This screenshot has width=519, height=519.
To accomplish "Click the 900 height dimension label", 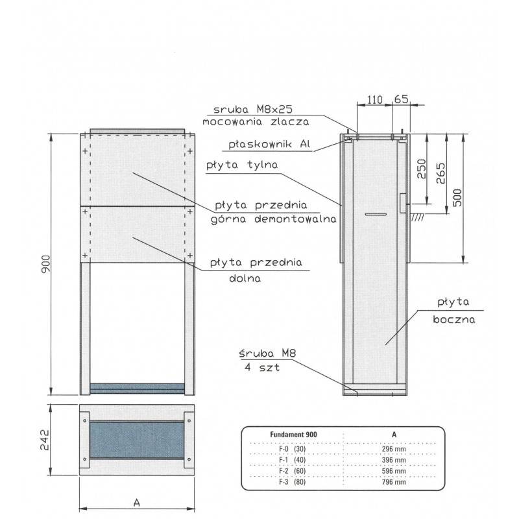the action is (45, 264).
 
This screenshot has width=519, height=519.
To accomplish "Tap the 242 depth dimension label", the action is (44, 440).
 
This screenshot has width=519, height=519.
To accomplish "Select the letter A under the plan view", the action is (136, 503).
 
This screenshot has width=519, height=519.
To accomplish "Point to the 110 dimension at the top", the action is (375, 100).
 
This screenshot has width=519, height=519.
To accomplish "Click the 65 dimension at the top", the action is (401, 99).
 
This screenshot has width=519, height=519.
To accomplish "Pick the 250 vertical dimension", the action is (421, 169).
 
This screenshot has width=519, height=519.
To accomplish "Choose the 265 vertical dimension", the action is (441, 173).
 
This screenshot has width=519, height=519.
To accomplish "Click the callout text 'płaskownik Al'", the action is (269, 144).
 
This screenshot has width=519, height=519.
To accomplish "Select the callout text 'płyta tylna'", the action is (242, 165).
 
